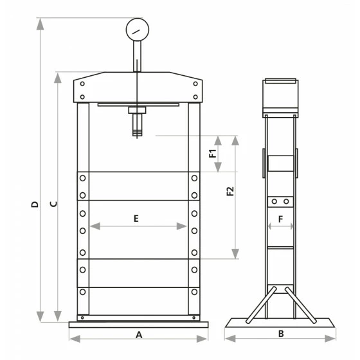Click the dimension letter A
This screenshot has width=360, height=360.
(x=139, y=335)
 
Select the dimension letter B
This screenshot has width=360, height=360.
(x=281, y=334)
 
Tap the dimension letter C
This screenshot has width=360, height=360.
(x=53, y=204)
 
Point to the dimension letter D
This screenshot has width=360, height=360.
(x=35, y=204)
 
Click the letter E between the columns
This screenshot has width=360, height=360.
(x=136, y=219)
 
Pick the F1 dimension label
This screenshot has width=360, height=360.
(x=213, y=154)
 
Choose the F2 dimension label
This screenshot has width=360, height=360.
(x=230, y=192)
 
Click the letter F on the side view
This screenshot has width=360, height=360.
(x=280, y=219)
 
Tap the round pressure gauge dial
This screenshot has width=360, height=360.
(x=138, y=30)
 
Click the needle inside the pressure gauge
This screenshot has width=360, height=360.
(x=136, y=32)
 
